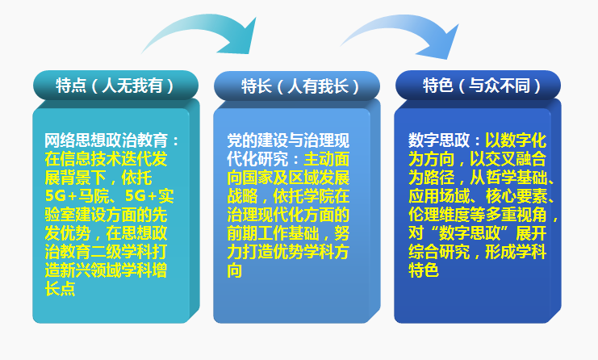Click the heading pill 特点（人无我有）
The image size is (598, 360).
(x=115, y=85)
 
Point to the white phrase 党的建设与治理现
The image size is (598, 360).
(x=287, y=141)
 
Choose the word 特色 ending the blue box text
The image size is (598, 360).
(x=424, y=271)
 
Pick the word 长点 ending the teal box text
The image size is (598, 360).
(x=60, y=289)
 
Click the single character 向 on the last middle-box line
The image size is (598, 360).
(x=234, y=271)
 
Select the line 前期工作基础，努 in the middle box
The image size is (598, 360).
(x=287, y=234)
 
